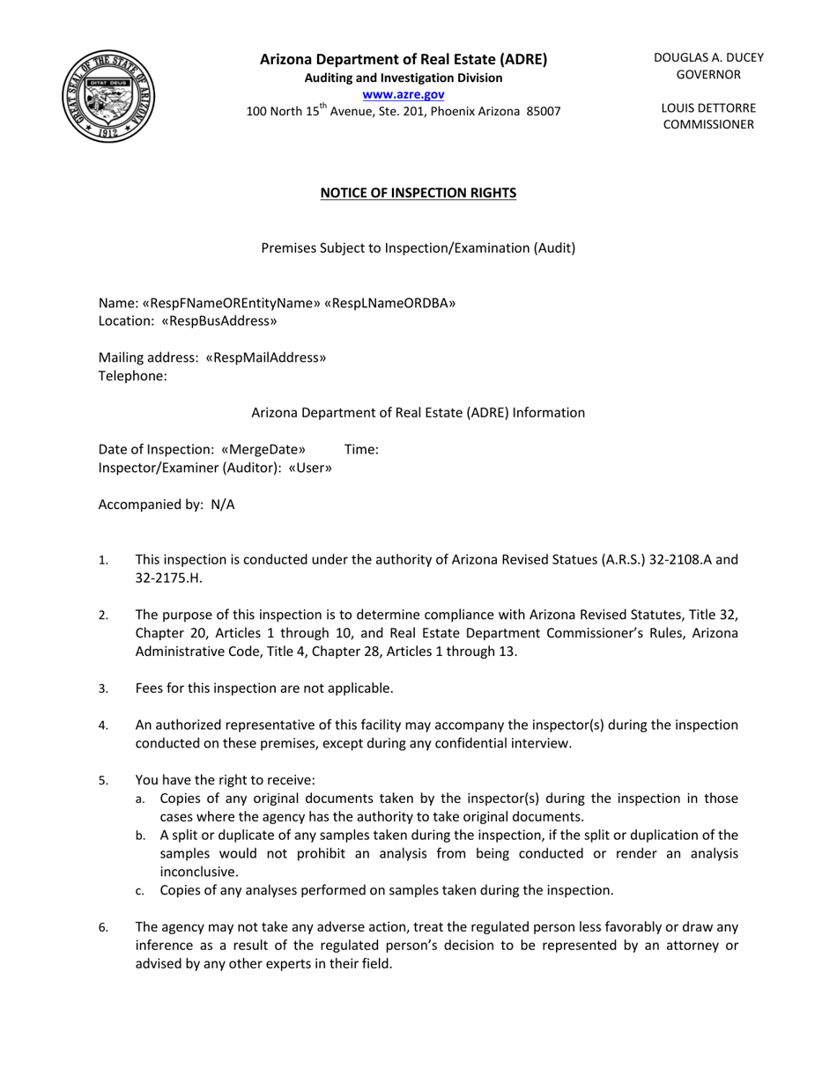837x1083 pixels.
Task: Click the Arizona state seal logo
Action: pyautogui.click(x=109, y=96)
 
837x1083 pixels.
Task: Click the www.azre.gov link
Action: pyautogui.click(x=403, y=94)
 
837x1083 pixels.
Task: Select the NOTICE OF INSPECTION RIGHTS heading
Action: pyautogui.click(x=418, y=193)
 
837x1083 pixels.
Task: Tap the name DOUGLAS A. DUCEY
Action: pyautogui.click(x=708, y=57)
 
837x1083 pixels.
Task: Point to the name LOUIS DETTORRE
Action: pyautogui.click(x=708, y=107)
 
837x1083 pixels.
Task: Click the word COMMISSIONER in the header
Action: pyautogui.click(x=708, y=124)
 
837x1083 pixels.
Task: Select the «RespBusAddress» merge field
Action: pyautogui.click(x=219, y=321)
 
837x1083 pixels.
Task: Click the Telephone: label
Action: pyautogui.click(x=132, y=376)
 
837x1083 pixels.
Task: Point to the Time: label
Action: pyautogui.click(x=361, y=449)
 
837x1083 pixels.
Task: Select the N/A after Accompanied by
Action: pyautogui.click(x=222, y=505)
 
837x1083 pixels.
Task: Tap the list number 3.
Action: pyautogui.click(x=103, y=689)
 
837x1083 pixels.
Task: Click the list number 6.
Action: pyautogui.click(x=103, y=927)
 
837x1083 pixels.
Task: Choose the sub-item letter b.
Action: pyautogui.click(x=140, y=836)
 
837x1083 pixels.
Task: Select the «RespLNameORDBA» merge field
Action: pyautogui.click(x=390, y=303)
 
